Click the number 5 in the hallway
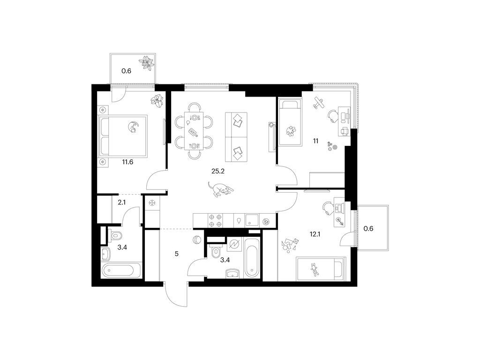pyautogui.click(x=176, y=255)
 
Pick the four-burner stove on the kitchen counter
pyautogui.click(x=215, y=220)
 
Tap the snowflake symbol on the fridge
pyautogui.click(x=152, y=202)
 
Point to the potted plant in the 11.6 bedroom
pyautogui.click(x=157, y=99)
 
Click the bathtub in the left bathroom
pyautogui.click(x=120, y=270)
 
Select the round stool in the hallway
pyautogui.click(x=196, y=241)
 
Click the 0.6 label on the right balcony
pyautogui.click(x=369, y=228)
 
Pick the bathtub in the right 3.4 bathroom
pyautogui.click(x=252, y=257)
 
